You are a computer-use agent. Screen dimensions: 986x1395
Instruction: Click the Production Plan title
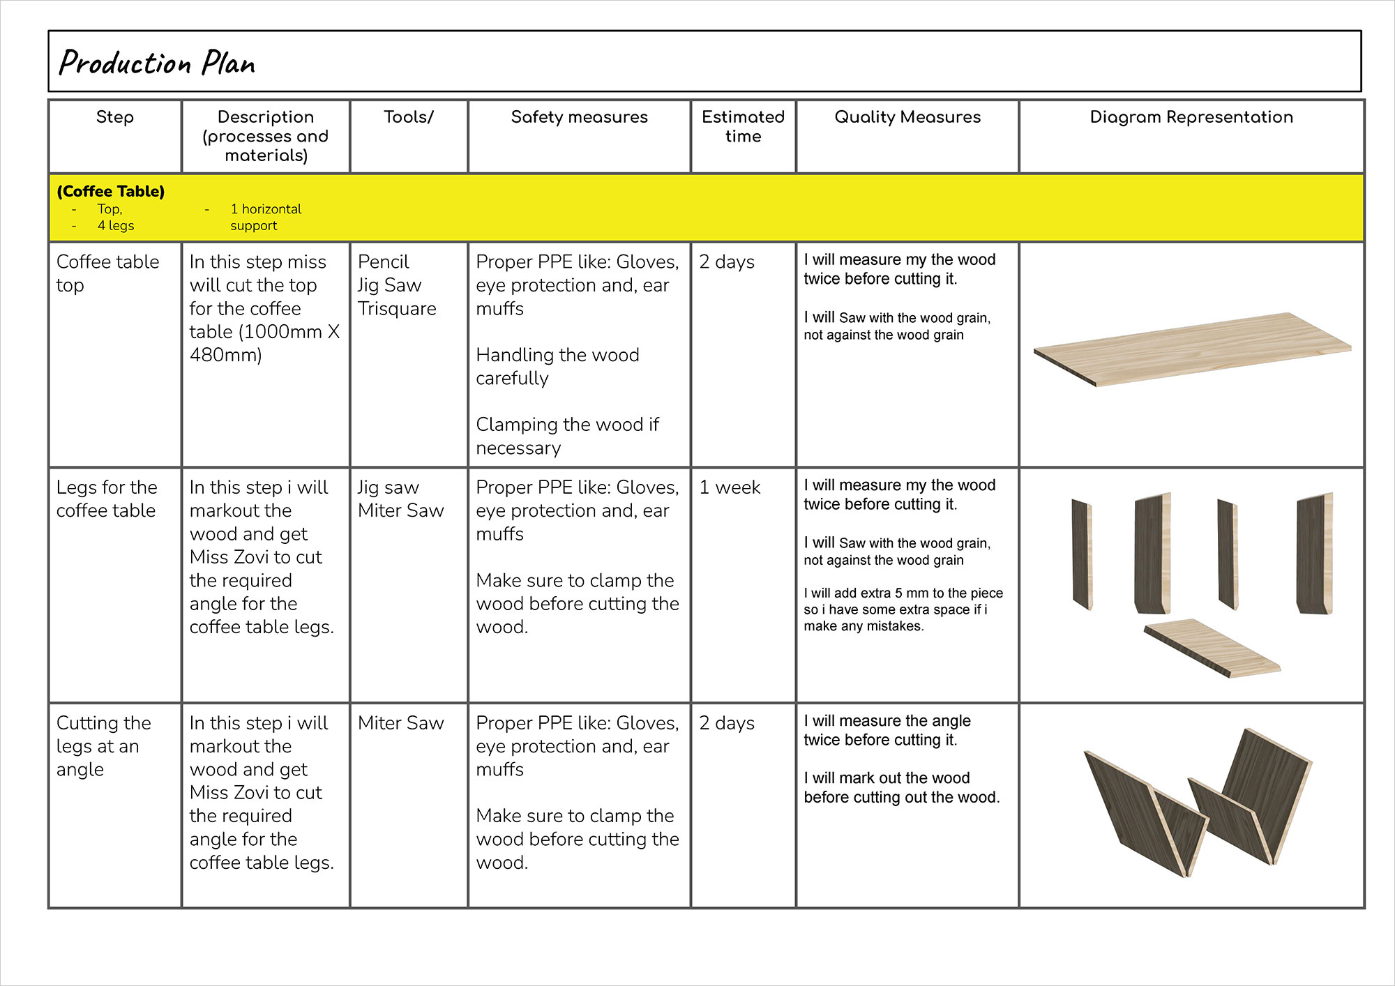coord(157,63)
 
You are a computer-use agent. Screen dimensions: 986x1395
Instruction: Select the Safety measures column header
coord(579,117)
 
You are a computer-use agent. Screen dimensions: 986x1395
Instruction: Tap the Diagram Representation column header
coord(1191,117)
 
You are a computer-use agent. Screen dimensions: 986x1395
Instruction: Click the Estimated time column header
coord(743,126)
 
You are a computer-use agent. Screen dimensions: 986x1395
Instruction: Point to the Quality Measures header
coord(907,117)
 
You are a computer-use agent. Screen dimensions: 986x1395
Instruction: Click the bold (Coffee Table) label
coord(111,191)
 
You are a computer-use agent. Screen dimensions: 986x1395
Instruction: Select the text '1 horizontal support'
coord(265,217)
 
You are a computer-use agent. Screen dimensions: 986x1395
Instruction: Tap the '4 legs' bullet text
coord(116,225)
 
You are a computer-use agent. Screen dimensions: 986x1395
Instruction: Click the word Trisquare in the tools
coord(397,308)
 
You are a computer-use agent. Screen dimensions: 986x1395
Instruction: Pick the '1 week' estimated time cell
coord(730,487)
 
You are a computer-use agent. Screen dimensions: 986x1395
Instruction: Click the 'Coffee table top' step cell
coord(107,273)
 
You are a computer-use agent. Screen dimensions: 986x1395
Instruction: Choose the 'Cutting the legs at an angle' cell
coord(103,746)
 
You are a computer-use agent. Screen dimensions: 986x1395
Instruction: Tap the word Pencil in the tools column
coord(383,261)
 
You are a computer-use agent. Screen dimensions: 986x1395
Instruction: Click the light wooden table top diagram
coord(1191,349)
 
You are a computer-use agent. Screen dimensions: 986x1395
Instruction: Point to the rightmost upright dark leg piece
coord(1314,554)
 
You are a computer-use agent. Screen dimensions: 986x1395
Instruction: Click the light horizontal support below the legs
coord(1212,648)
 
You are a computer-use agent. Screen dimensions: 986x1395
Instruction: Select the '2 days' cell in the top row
coord(727,262)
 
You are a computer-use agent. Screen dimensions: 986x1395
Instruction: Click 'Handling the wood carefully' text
coord(557,367)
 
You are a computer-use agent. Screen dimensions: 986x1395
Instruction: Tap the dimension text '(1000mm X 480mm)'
coord(264,343)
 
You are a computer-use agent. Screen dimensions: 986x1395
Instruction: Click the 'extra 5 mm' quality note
coord(903,609)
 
